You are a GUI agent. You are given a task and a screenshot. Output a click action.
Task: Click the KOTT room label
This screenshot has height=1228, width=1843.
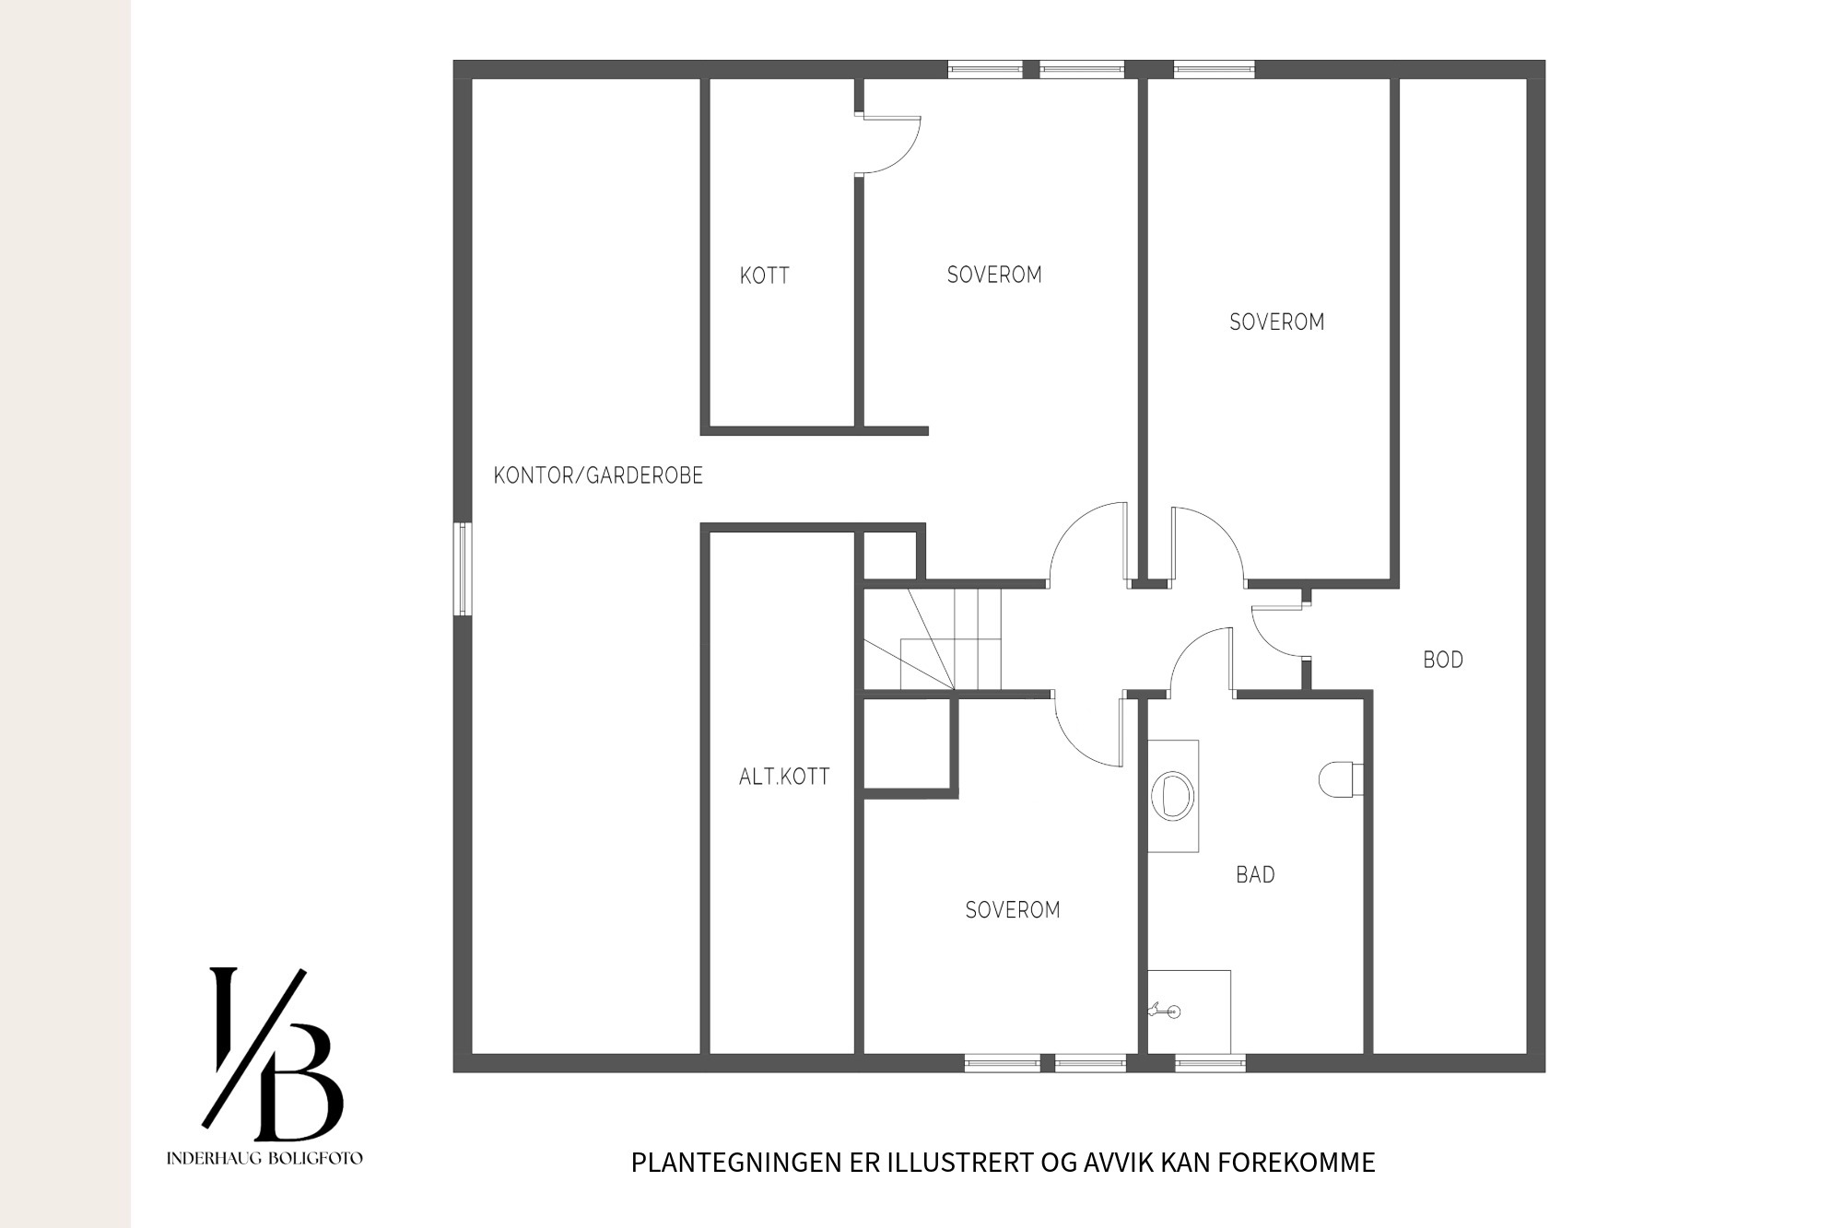tap(764, 275)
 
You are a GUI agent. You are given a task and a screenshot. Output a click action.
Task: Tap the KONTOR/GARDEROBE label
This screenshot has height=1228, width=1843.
tap(598, 475)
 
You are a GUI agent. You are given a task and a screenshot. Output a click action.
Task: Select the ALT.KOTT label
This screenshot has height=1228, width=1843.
tap(784, 777)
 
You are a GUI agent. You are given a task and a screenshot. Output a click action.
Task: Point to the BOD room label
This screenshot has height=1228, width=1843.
tap(1443, 660)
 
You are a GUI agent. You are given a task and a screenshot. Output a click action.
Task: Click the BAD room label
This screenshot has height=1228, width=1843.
tap(1255, 874)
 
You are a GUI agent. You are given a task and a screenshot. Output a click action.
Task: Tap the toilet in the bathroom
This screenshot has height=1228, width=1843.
tap(1340, 779)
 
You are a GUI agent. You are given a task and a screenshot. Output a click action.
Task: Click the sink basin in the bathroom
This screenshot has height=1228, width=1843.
tap(1172, 795)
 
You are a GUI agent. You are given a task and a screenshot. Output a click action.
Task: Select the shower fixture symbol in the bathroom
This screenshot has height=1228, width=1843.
tap(1164, 1012)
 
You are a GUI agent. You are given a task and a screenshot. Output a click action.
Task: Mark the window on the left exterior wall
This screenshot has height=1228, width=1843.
tap(463, 568)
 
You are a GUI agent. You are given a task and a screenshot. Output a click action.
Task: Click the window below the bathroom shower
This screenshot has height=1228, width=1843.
tap(1210, 1063)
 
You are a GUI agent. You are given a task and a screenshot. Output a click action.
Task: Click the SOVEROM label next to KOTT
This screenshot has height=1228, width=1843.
tap(994, 275)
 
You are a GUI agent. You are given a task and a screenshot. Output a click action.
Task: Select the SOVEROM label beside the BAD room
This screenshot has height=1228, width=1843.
tap(1012, 910)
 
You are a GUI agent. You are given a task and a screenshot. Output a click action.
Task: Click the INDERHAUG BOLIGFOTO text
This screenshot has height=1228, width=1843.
tap(264, 1158)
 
